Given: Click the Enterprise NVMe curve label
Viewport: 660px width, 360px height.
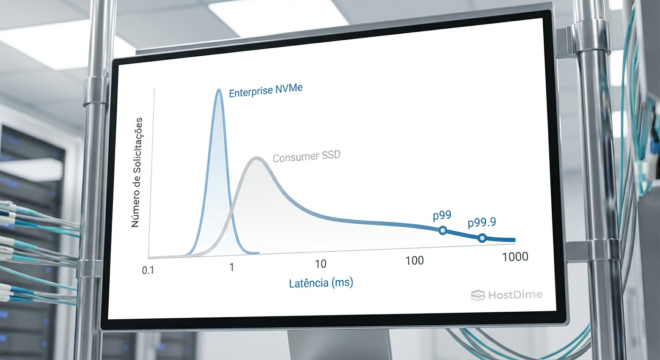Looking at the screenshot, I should coord(265,90).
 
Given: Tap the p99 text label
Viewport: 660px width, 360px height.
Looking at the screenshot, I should coord(442,216).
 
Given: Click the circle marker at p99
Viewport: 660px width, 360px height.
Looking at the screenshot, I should coord(442,230).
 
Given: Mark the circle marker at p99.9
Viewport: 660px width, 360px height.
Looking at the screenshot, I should coord(482,238).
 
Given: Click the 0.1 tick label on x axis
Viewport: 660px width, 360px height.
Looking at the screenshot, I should coord(148,270).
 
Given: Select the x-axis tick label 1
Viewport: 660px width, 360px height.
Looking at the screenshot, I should coord(231,267).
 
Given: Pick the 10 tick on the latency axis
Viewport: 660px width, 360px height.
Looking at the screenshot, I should coord(320,264).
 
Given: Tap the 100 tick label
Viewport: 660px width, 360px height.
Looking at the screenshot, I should coord(414,260).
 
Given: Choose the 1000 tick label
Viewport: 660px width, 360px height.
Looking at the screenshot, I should coord(515,257).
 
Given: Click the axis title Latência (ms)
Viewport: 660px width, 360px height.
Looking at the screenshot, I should coord(321,283).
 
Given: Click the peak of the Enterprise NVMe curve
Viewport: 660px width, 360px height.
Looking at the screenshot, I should coord(218,90).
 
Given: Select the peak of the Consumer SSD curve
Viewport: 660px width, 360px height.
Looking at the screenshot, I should coord(256,157).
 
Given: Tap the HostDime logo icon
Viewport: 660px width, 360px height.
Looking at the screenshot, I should coord(478,295).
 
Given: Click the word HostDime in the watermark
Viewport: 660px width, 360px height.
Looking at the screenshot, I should coord(515,295).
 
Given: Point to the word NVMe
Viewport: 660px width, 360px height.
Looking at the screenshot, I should coord(288,88).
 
